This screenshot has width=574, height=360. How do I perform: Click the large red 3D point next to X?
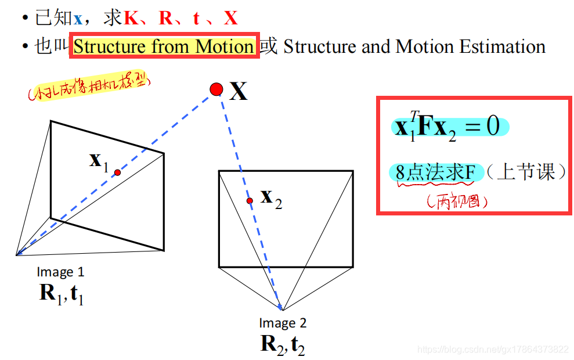click(x=216, y=89)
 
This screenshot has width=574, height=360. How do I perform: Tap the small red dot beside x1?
click(x=117, y=172)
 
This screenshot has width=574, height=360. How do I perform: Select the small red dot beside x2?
click(x=250, y=201)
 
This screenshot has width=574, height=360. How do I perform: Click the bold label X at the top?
click(x=238, y=91)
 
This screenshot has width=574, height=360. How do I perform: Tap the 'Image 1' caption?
click(x=60, y=272)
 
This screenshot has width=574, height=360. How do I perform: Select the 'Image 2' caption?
click(x=283, y=323)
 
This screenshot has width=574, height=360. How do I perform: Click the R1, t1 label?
click(x=62, y=294)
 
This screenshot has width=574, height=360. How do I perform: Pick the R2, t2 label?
click(x=283, y=344)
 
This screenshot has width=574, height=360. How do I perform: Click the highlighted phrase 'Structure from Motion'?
click(x=164, y=46)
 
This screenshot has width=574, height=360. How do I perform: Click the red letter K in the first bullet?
click(x=131, y=19)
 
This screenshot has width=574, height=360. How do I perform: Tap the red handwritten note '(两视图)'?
click(x=456, y=201)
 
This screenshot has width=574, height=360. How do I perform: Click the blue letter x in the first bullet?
click(x=78, y=19)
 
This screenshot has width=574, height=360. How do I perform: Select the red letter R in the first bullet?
click(x=166, y=19)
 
